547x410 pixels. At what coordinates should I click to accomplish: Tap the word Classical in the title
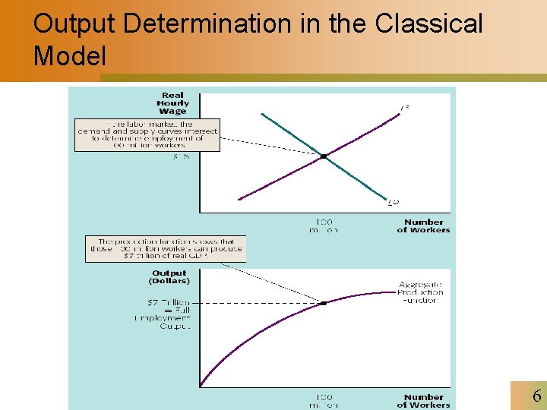pos(428,24)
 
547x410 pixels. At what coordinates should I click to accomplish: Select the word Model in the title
pos(70,55)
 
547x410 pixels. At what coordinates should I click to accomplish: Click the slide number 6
pos(536,396)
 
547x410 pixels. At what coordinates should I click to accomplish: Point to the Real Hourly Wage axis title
pos(172,102)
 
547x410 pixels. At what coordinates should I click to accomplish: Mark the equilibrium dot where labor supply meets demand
pos(324,156)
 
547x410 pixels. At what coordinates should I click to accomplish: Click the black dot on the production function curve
pos(324,302)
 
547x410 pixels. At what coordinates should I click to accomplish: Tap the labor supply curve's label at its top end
pos(406,109)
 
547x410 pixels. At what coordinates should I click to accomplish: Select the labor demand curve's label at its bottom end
pos(393,202)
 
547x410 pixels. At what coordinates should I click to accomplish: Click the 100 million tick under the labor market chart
pos(324,225)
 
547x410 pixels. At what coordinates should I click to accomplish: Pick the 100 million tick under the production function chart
pos(324,400)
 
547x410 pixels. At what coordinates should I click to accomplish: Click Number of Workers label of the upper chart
pos(423,225)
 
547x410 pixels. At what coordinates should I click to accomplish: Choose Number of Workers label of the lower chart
pos(423,400)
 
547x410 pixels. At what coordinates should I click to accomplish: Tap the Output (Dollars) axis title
pos(169,276)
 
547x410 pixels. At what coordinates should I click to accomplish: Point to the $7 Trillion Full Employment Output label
pos(169,314)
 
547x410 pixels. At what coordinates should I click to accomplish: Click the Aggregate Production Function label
pos(421,292)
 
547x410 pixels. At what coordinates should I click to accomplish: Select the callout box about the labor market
pos(147,134)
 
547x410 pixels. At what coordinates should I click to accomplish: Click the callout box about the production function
pos(165,249)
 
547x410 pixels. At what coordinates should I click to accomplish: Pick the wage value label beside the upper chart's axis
pos(182,157)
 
